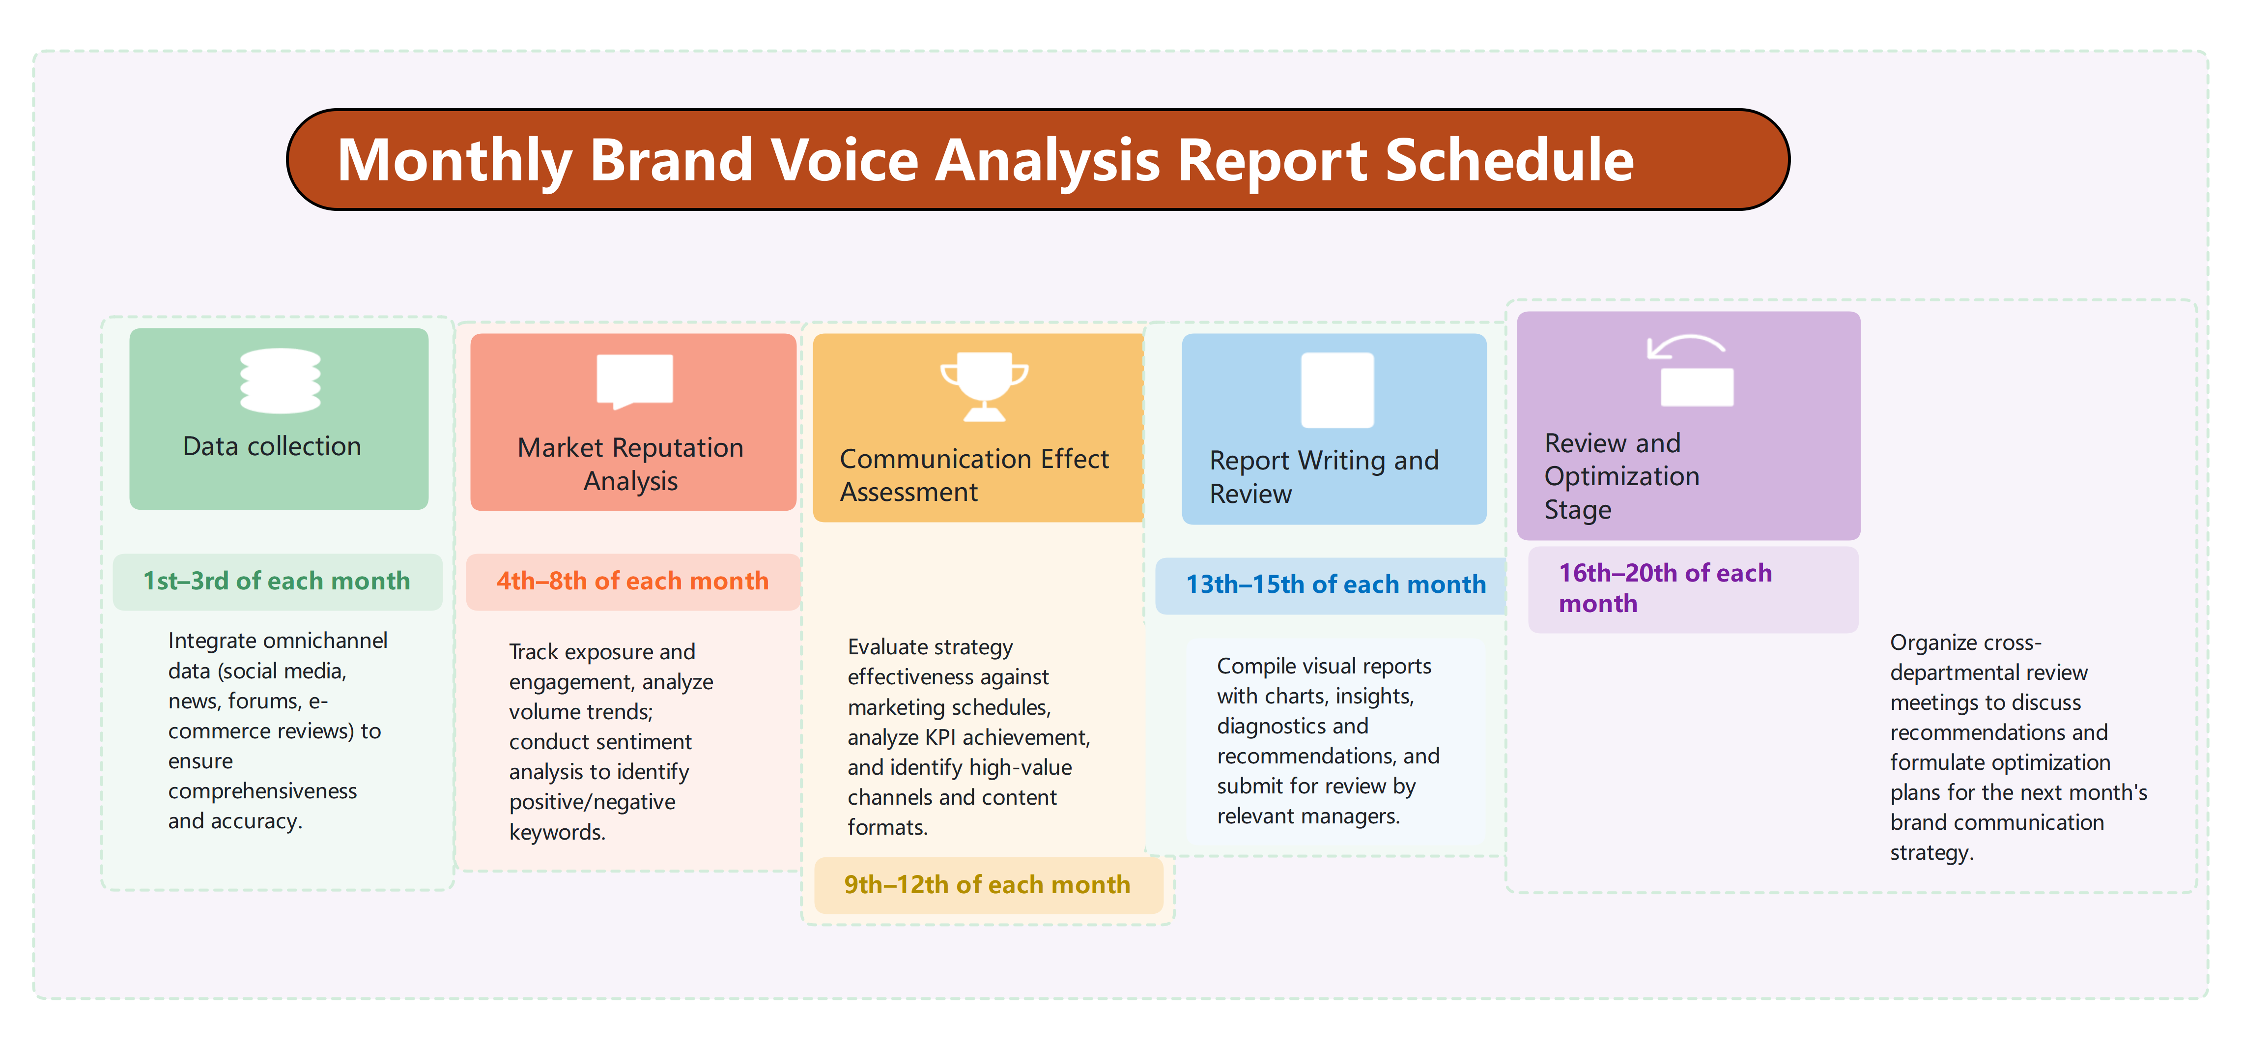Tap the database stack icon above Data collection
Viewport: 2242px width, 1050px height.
coord(280,380)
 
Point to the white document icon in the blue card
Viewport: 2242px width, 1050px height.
coord(1337,390)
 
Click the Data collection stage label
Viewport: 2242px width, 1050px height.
coord(272,446)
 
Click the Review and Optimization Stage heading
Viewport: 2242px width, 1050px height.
coord(1620,476)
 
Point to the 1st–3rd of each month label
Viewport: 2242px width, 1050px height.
coord(276,581)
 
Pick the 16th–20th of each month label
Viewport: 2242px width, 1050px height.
coord(1664,588)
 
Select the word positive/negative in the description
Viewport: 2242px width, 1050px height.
coord(592,802)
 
